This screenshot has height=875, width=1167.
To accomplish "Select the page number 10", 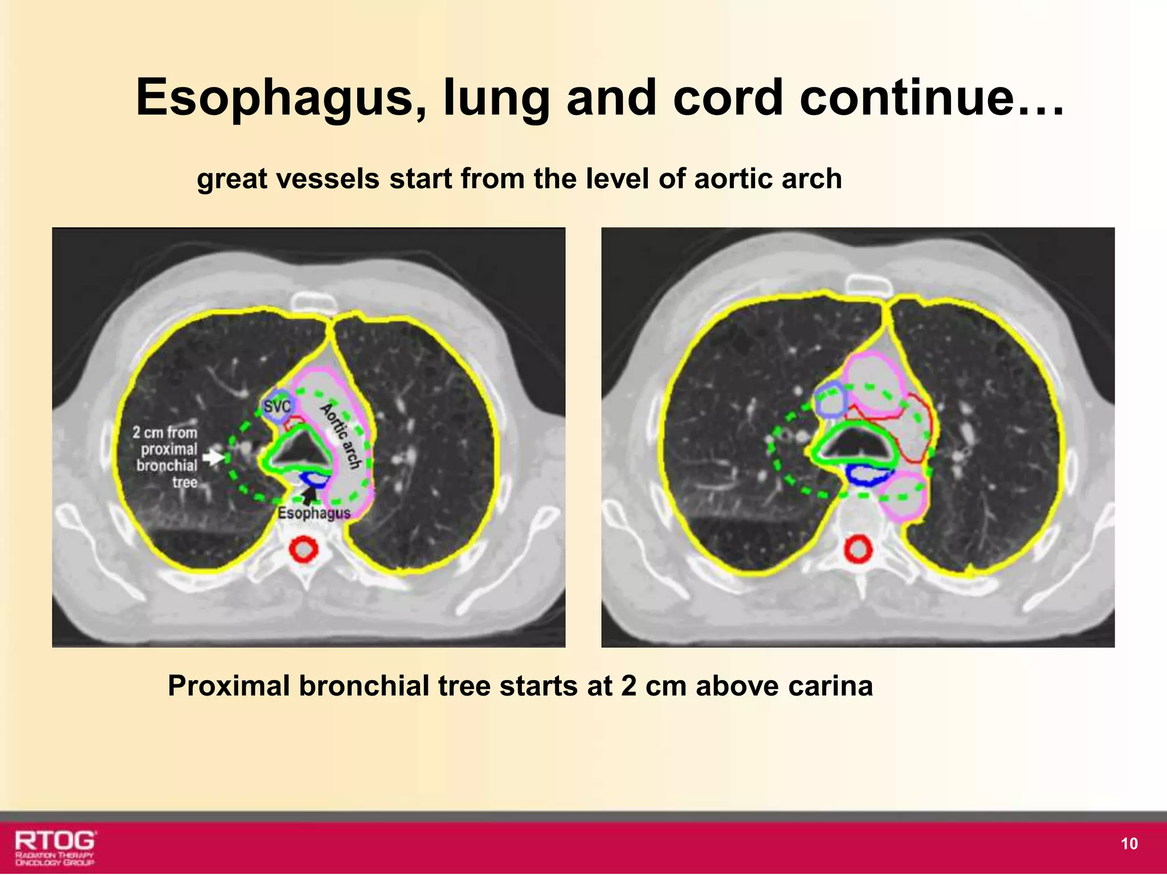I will pyautogui.click(x=1129, y=844).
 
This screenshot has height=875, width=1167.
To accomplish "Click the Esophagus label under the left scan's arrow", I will pyautogui.click(x=314, y=513).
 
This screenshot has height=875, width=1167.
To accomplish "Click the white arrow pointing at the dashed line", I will pyautogui.click(x=213, y=457).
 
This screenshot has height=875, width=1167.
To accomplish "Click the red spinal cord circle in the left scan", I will pyautogui.click(x=303, y=550).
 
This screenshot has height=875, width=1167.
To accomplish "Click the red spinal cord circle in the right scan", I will pyautogui.click(x=857, y=550).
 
